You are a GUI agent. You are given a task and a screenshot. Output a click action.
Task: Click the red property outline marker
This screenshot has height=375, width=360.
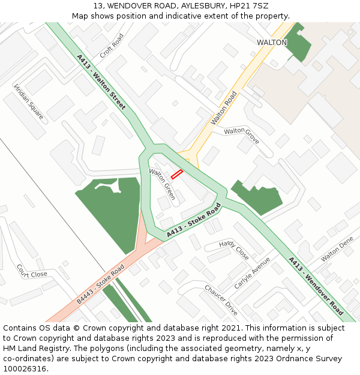(177, 175)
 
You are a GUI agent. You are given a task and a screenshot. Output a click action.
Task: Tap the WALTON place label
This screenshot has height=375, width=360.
(272, 43)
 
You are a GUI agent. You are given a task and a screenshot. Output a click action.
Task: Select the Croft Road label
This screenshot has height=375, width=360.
(112, 45)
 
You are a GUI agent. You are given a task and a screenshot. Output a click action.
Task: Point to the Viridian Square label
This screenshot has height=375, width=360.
(29, 101)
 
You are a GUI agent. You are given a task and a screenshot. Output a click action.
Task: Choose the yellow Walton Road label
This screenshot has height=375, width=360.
(224, 107)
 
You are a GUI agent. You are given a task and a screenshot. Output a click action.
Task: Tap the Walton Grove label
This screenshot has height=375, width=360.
(242, 135)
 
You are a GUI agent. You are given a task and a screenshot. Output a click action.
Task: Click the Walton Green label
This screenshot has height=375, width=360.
(162, 184)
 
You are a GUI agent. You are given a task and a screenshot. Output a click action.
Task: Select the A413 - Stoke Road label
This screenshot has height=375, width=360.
(194, 220)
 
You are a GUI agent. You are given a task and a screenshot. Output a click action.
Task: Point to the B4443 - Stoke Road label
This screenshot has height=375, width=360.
(100, 284)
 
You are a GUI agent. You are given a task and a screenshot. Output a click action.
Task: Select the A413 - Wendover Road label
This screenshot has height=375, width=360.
(316, 286)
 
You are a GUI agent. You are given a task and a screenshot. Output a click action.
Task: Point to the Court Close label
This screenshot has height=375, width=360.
(32, 271)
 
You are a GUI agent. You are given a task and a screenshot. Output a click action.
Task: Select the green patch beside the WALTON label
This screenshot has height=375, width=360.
(298, 47)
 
